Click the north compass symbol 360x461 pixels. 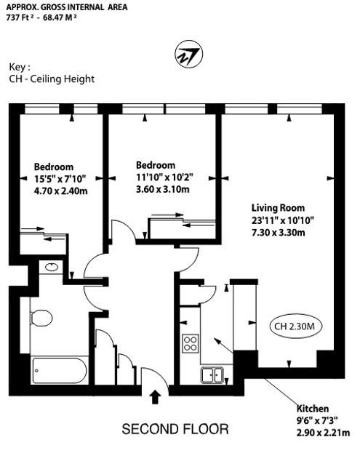coord(189,55)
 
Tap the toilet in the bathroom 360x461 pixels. coord(41,318)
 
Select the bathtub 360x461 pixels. coord(60,370)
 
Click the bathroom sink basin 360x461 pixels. coord(52,267)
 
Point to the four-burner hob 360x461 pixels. coord(191,343)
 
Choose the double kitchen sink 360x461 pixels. coord(212,375)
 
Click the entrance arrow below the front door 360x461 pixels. coord(155,397)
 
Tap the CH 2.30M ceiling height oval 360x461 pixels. coord(295,326)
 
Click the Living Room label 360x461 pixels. coord(278,208)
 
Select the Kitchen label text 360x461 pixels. coord(312,409)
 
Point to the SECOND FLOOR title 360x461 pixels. coord(175,429)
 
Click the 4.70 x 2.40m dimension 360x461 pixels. coord(61,191)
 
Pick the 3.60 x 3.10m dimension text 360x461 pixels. coord(163,189)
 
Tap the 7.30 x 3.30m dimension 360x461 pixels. coord(279,233)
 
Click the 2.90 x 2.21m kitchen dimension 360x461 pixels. coord(323,433)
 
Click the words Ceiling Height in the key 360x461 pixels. coord(63,79)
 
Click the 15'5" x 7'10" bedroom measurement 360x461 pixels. coord(60,179)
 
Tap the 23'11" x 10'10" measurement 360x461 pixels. coord(283,220)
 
